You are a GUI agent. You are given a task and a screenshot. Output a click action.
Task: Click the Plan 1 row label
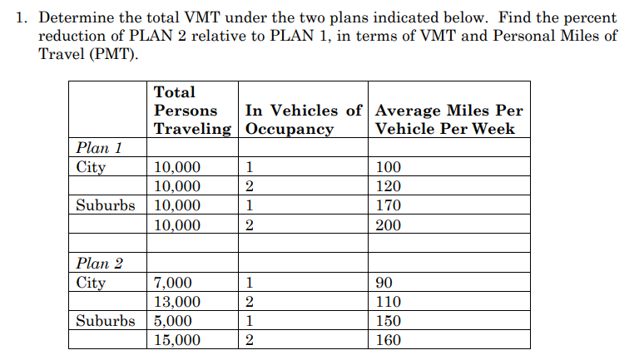coord(99,148)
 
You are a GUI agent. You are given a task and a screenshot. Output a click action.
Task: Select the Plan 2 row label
coord(99,264)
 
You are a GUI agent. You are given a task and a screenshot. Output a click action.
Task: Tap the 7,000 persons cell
coord(173,283)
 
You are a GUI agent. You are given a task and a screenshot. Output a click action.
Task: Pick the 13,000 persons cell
coord(177,302)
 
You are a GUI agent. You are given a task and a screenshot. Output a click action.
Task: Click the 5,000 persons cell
coord(173,321)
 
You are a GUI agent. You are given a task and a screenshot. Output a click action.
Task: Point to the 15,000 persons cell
coord(177,340)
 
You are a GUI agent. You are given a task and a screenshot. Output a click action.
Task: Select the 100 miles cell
coord(389,167)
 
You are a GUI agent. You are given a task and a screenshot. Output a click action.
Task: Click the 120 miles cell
coord(389,186)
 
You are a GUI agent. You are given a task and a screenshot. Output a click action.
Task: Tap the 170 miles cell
coord(389,205)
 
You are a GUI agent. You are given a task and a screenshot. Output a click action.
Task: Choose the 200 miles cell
coord(389,225)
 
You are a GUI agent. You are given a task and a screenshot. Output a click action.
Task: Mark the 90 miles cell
coord(384,283)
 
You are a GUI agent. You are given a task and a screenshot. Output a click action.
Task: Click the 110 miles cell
coord(389,302)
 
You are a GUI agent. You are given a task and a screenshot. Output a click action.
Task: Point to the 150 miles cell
coord(389,321)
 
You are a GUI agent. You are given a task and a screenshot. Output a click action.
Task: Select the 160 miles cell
coord(389,340)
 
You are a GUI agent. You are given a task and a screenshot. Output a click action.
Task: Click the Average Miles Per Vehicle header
coord(449,120)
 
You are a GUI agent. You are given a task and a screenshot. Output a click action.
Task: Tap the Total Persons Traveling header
coord(192,111)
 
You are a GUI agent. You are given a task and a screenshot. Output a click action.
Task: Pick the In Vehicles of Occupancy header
coord(304,120)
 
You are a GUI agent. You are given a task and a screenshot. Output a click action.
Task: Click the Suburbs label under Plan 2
coord(105,321)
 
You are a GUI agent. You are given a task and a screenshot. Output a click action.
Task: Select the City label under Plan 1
coord(91,167)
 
